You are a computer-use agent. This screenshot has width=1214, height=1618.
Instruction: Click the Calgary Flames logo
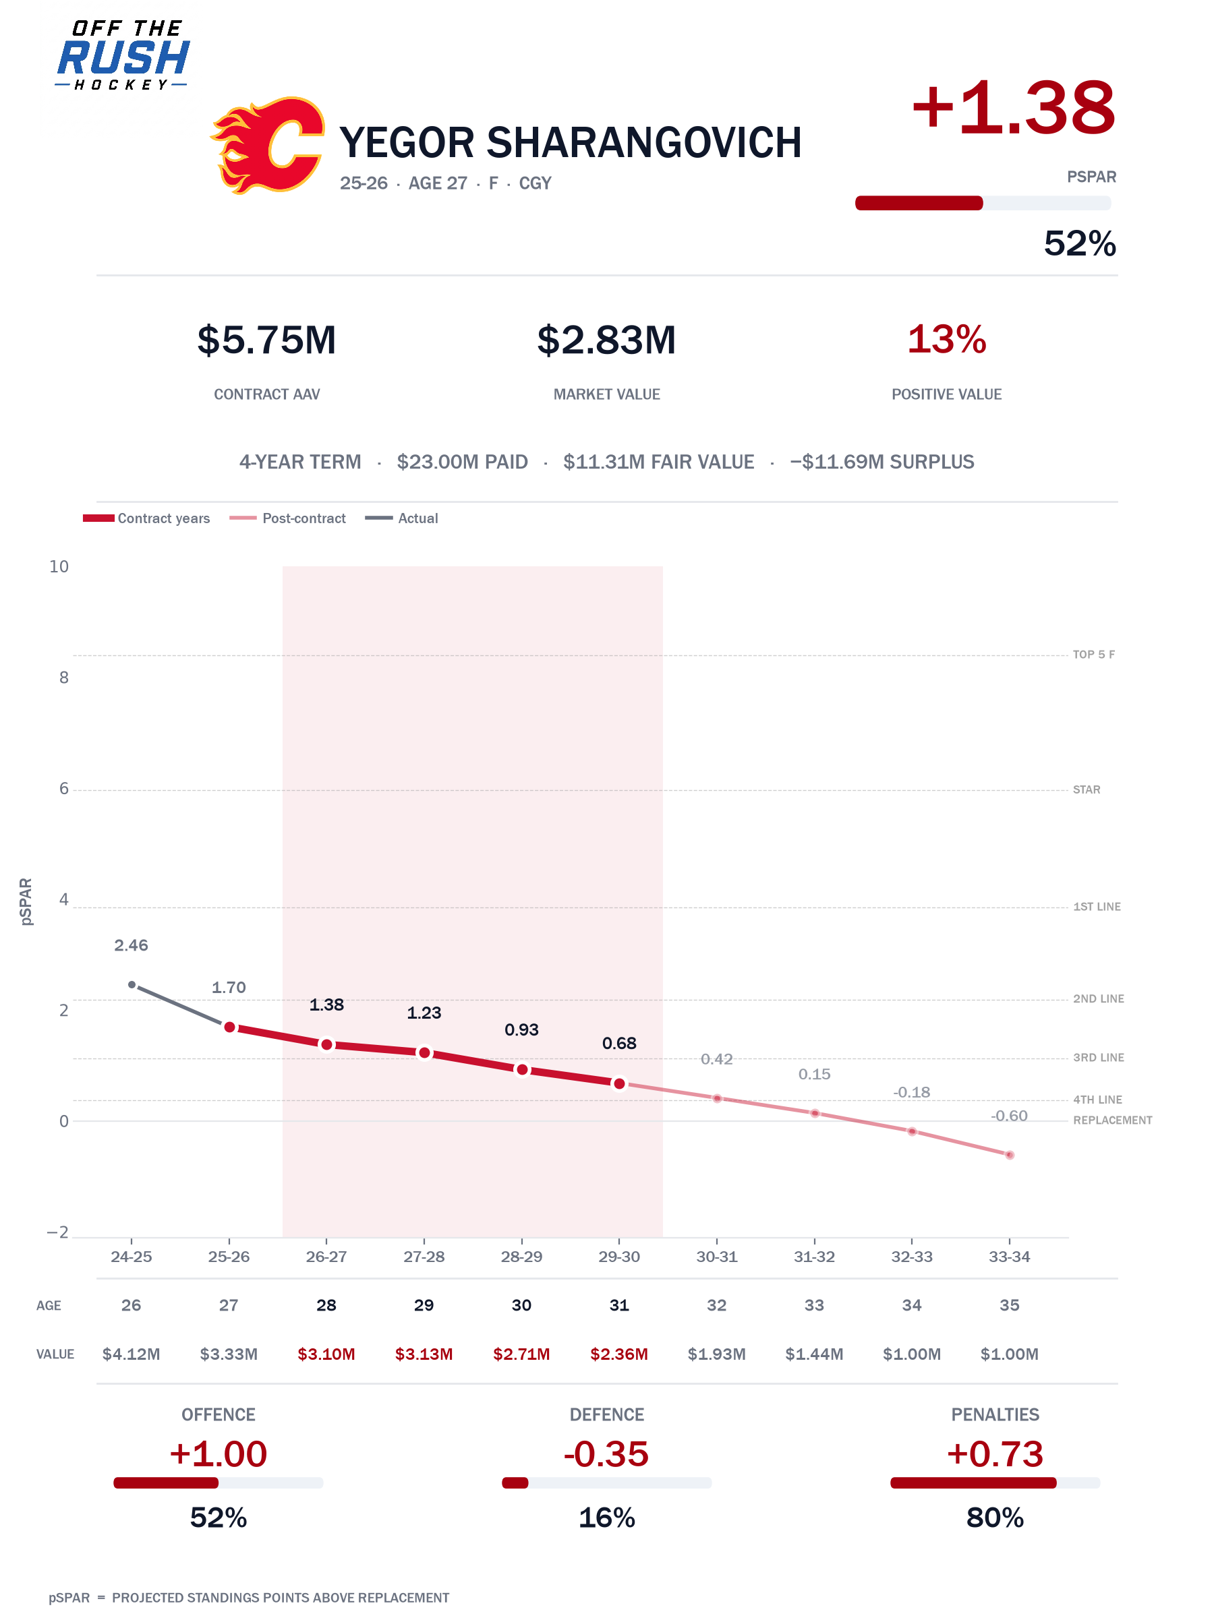[x=267, y=145]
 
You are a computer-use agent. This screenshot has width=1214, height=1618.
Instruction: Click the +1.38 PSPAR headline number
[x=1014, y=109]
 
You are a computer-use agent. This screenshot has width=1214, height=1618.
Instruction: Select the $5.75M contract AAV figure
[x=267, y=340]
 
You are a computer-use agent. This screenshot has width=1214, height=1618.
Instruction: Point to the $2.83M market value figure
[x=606, y=340]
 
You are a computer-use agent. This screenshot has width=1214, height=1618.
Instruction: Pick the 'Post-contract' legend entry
[x=287, y=518]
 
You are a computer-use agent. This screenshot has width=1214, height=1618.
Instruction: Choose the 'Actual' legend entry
[x=402, y=518]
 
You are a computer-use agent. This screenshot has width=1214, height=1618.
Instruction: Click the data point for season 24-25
[x=132, y=984]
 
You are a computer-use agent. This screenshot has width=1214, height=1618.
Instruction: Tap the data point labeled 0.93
[x=522, y=1069]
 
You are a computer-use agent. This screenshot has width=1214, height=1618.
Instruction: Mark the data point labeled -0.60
[x=1010, y=1155]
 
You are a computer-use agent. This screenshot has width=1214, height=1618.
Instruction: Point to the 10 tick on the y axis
[x=59, y=566]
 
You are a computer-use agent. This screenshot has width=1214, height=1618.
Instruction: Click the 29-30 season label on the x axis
[x=619, y=1257]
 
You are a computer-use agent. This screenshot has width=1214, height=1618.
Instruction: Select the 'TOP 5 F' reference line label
[x=1094, y=655]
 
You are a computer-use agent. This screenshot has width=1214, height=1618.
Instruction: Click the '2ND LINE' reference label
[x=1099, y=998]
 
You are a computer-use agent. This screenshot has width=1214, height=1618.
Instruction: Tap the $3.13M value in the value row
[x=424, y=1354]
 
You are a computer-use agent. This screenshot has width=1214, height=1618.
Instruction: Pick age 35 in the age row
[x=1010, y=1305]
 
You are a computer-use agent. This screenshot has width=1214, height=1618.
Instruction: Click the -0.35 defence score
[x=606, y=1454]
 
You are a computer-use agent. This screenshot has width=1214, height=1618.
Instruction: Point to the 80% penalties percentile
[x=995, y=1518]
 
